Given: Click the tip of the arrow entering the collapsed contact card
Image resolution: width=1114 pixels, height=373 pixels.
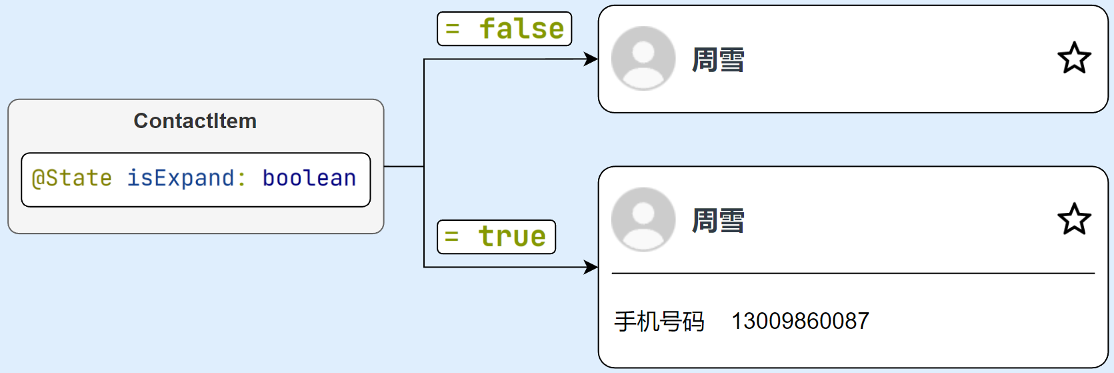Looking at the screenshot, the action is click(x=598, y=59).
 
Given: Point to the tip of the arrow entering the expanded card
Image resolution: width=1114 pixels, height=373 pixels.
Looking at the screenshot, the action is click(x=598, y=268).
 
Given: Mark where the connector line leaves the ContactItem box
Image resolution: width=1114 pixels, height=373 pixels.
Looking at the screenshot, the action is click(x=385, y=166).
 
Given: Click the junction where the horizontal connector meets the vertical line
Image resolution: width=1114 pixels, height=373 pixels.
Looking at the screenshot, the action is click(x=424, y=166).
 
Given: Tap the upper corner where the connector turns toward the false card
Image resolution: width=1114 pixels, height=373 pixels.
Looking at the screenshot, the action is click(x=424, y=59).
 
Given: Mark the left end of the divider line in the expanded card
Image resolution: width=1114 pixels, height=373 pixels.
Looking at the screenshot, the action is click(x=612, y=274).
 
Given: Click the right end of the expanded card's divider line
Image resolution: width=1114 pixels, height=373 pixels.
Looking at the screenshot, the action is click(x=1095, y=274).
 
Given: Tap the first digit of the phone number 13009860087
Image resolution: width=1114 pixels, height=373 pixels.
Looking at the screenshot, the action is click(x=736, y=321).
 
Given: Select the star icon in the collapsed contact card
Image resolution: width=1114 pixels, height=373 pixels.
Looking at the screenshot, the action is click(x=1074, y=58).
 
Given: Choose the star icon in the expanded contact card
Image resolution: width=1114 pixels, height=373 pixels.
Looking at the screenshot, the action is click(x=1074, y=219).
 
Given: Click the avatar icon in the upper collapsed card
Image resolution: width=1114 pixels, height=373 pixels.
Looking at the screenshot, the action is click(x=643, y=58).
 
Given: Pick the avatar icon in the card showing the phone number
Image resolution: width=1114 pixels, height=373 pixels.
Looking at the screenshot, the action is click(x=643, y=220).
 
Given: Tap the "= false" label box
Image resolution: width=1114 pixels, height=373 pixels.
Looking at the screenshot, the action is click(x=504, y=29).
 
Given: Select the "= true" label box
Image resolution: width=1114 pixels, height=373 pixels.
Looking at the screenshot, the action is click(x=496, y=237).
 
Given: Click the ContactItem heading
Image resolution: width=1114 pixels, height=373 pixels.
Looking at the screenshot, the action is click(x=195, y=121).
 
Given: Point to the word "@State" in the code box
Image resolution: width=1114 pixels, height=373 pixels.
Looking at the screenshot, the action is click(x=71, y=178).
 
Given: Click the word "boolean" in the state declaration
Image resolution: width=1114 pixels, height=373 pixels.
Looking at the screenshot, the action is click(x=309, y=177).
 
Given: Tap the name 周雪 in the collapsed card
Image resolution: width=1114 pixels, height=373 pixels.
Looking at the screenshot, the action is click(x=718, y=60).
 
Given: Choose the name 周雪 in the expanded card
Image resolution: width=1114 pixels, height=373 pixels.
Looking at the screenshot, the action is click(x=718, y=221).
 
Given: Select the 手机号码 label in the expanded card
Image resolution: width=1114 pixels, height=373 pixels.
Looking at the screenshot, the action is click(x=659, y=321).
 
